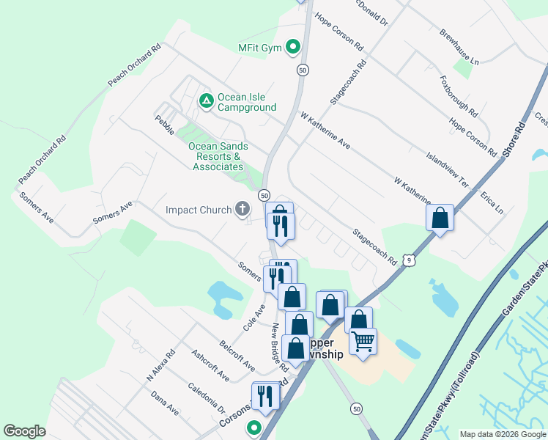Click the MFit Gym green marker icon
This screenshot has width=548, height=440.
coord(293,48)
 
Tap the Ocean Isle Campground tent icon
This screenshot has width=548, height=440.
coord(207,100)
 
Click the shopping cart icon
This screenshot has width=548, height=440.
coord(363,341)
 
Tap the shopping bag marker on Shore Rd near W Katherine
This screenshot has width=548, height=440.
coord(440,217)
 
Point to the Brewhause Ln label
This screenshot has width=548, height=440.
coord(459,46)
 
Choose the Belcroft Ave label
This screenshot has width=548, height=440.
coord(237,356)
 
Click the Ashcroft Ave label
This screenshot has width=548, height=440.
coord(210,364)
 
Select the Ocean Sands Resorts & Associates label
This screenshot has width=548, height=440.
coord(218,156)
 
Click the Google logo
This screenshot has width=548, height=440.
coord(24,431)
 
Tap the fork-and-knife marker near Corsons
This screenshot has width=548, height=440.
coord(265,396)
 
